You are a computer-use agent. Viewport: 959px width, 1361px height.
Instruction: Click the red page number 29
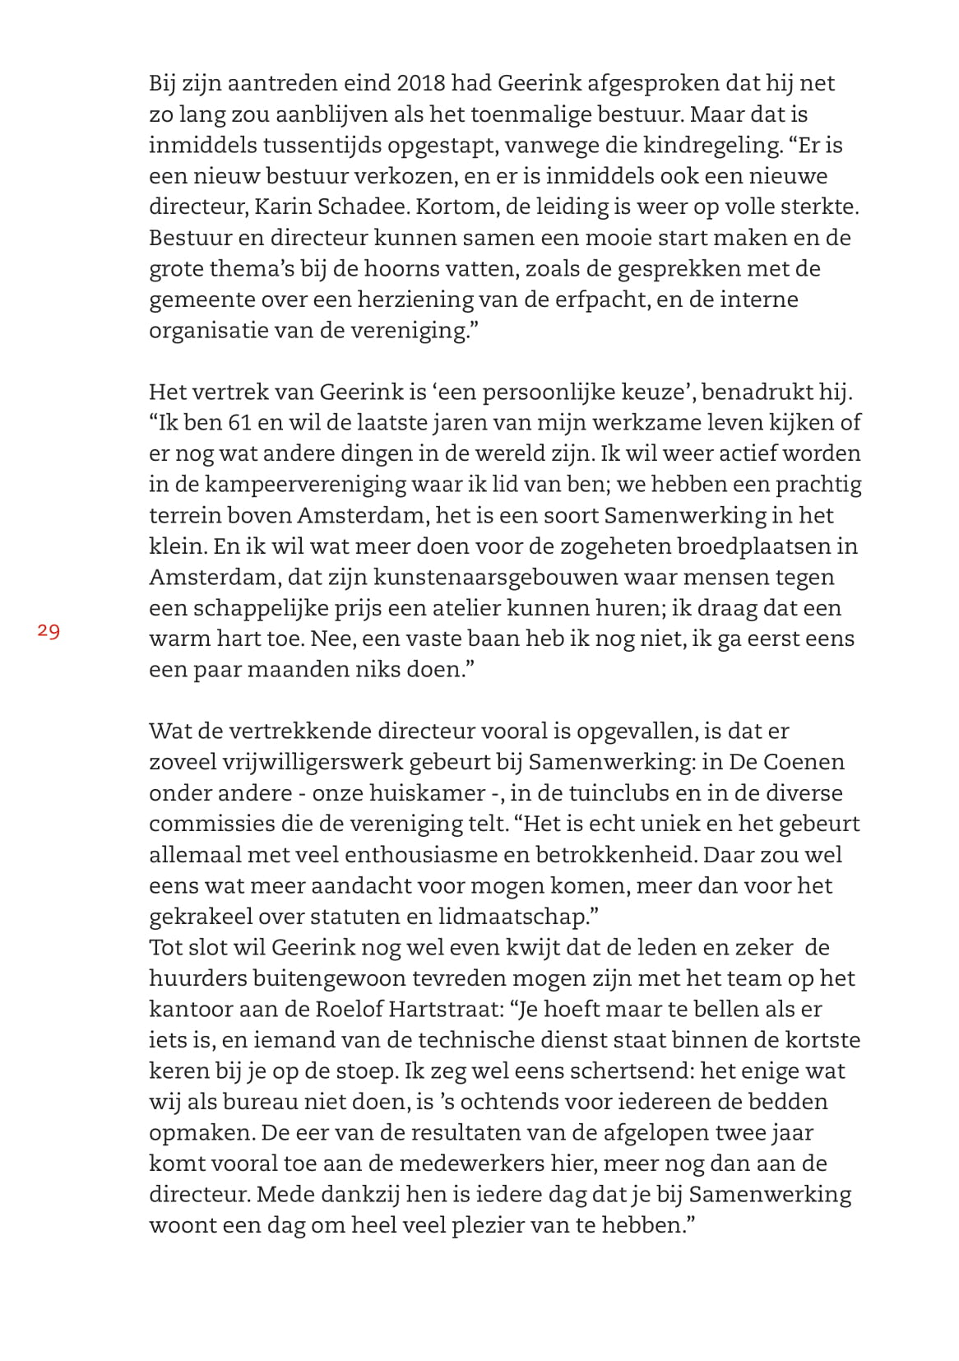pyautogui.click(x=49, y=632)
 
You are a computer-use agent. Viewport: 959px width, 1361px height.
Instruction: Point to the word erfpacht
pyautogui.click(x=603, y=299)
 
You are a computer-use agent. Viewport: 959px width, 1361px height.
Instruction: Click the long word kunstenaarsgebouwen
pyautogui.click(x=436, y=577)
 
